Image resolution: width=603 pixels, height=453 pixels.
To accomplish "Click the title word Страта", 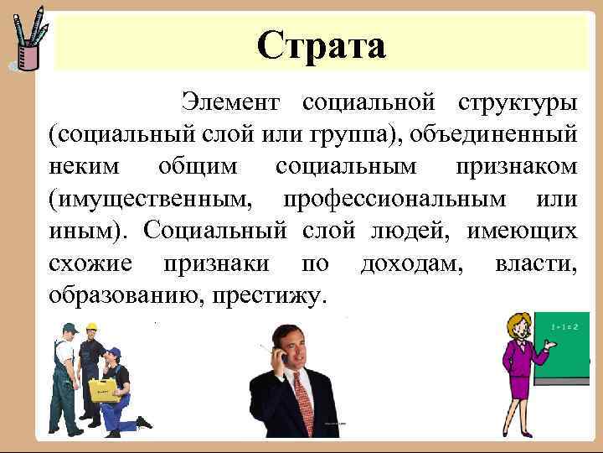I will click(x=322, y=45).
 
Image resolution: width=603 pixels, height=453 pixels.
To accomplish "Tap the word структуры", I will click(x=517, y=103).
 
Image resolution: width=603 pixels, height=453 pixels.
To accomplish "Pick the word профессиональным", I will click(x=394, y=199).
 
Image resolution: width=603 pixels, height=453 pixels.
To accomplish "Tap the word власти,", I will click(x=536, y=263).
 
